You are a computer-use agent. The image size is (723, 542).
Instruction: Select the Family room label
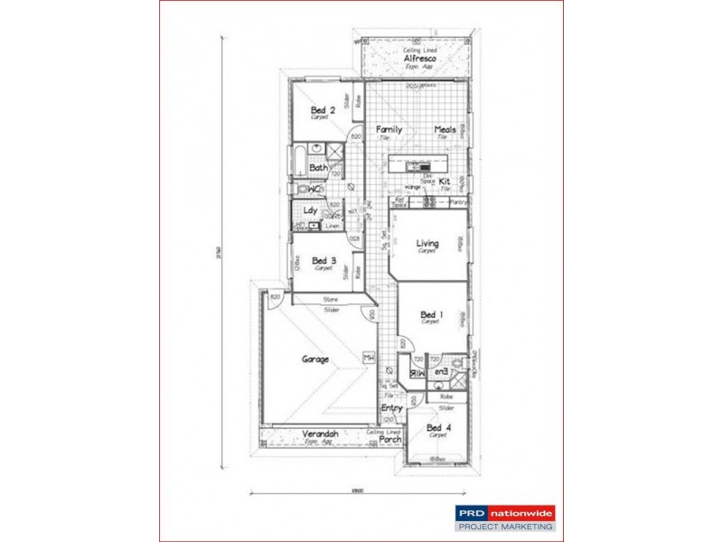tap(389, 129)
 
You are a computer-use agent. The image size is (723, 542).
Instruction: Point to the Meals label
tap(445, 129)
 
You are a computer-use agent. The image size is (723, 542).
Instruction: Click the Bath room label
tap(317, 168)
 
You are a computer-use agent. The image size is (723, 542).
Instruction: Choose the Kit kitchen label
tap(444, 182)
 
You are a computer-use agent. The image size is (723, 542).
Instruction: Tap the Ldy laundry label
tap(310, 210)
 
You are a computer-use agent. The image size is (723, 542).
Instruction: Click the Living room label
tap(427, 243)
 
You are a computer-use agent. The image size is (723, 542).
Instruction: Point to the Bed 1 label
tap(431, 314)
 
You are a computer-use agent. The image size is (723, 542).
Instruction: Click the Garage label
tap(315, 359)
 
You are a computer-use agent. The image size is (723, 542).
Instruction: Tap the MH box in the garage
tap(368, 359)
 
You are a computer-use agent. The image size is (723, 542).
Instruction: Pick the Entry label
tap(391, 408)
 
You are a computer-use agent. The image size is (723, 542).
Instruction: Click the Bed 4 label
tap(438, 427)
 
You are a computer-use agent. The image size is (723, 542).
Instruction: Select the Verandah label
tap(320, 434)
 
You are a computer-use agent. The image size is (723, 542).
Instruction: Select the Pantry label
tap(458, 202)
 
